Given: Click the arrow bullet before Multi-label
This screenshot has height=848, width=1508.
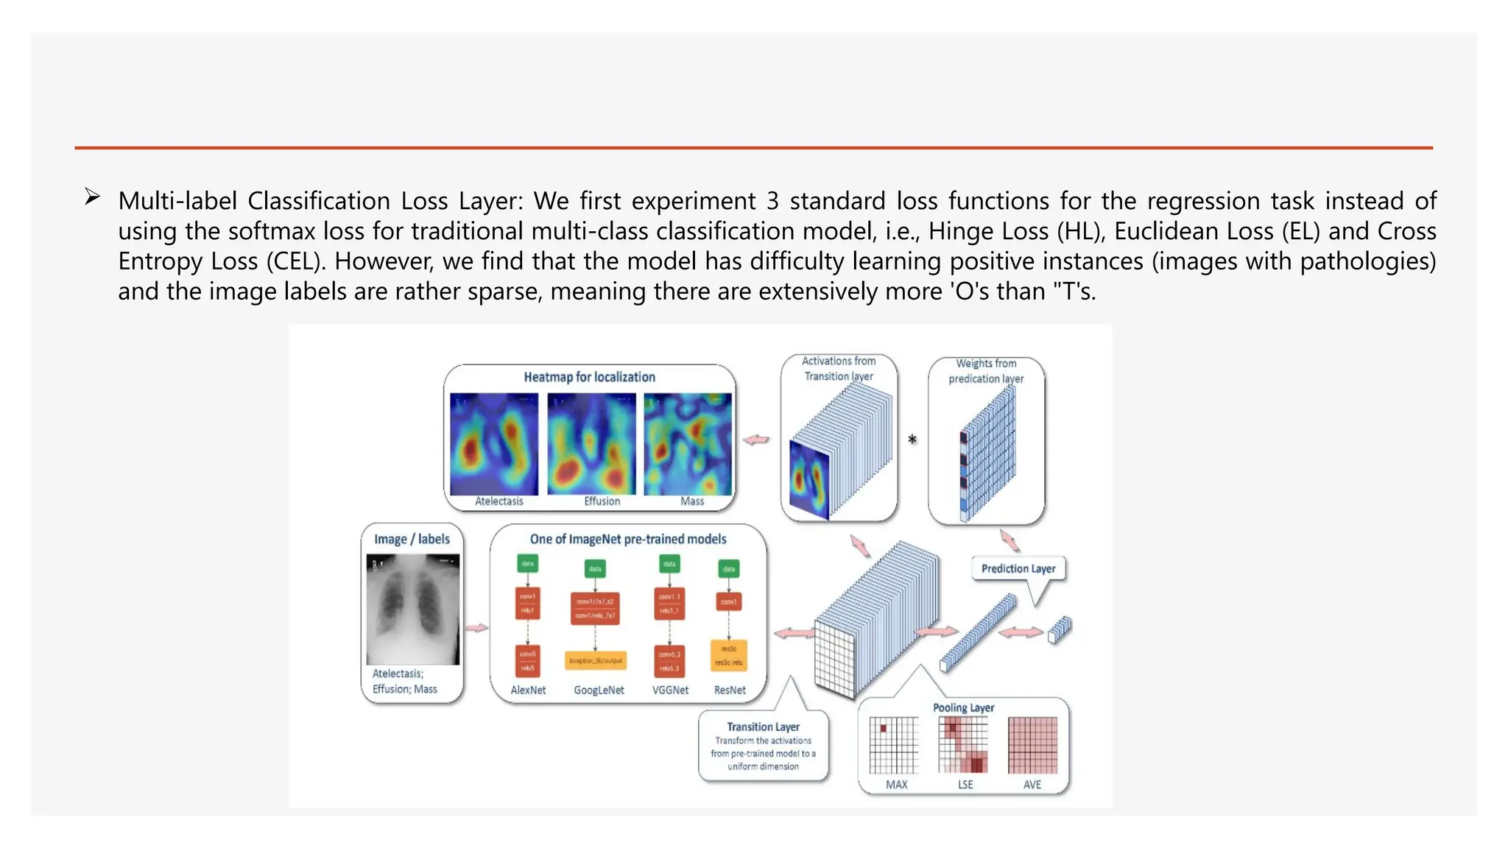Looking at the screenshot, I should pyautogui.click(x=92, y=197).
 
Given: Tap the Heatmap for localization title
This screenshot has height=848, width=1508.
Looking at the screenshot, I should pyautogui.click(x=589, y=377).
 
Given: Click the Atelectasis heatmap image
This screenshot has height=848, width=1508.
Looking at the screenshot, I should pyautogui.click(x=494, y=444).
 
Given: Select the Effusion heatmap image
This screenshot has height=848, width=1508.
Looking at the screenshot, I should pyautogui.click(x=591, y=444).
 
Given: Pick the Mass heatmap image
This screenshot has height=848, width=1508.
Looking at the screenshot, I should pyautogui.click(x=688, y=444).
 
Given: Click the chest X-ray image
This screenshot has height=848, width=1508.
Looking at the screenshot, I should pyautogui.click(x=412, y=609).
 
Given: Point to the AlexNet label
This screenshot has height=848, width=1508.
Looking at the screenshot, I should pyautogui.click(x=528, y=690).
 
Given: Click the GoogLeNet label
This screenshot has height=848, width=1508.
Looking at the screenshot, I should pyautogui.click(x=599, y=690).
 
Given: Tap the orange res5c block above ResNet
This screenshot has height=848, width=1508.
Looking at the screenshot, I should pyautogui.click(x=729, y=655).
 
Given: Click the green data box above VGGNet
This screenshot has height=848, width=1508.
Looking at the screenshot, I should pyautogui.click(x=669, y=565).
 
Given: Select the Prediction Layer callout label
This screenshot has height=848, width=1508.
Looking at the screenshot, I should pyautogui.click(x=1018, y=568).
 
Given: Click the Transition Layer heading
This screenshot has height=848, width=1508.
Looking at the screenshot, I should pyautogui.click(x=763, y=727).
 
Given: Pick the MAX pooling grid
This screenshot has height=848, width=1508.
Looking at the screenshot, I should pyautogui.click(x=894, y=745).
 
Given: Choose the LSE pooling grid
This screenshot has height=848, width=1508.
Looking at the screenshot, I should pyautogui.click(x=963, y=745).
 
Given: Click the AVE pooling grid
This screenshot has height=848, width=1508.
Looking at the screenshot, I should pyautogui.click(x=1032, y=745).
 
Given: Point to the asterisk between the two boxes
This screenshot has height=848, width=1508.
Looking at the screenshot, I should pyautogui.click(x=912, y=439).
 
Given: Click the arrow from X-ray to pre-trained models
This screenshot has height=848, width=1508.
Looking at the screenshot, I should pyautogui.click(x=477, y=628).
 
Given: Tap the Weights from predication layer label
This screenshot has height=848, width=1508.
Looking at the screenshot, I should pyautogui.click(x=986, y=371).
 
